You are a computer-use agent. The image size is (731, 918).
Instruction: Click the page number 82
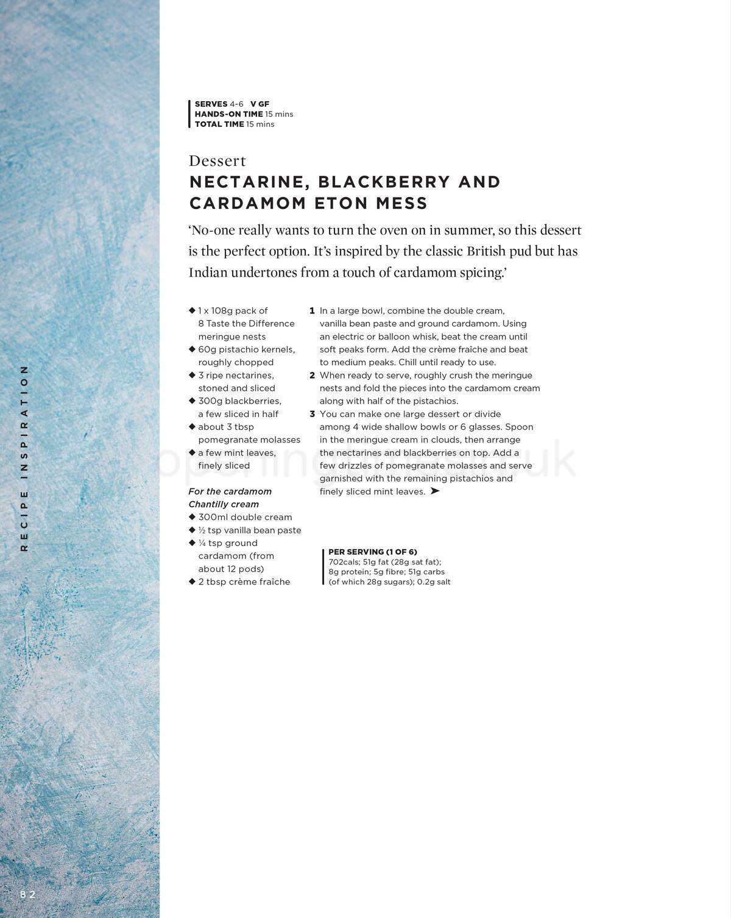27,895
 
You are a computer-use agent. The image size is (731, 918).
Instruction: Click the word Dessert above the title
217,161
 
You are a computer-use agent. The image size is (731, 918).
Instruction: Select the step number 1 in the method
312,311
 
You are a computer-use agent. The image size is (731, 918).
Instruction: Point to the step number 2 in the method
312,375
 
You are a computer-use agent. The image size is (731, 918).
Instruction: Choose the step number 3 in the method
312,415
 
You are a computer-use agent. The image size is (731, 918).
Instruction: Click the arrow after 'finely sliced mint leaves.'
434,491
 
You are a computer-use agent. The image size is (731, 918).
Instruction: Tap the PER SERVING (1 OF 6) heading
373,552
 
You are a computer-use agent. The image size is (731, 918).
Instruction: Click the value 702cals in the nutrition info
344,562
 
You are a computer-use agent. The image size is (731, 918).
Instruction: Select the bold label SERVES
211,104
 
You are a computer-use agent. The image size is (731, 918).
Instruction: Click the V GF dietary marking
260,104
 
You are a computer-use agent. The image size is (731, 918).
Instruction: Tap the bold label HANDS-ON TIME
228,114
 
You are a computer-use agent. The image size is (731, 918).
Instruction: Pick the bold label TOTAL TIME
219,124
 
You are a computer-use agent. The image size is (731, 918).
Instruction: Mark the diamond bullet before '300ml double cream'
192,517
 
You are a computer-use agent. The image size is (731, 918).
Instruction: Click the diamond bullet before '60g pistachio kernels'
192,349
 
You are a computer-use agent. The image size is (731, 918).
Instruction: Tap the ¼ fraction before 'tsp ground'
202,543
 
